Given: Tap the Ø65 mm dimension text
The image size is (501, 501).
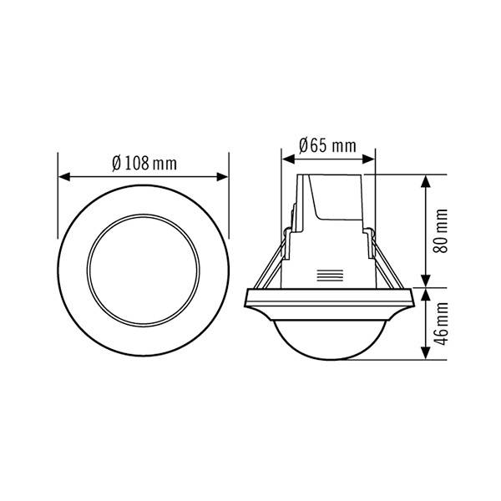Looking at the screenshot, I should coord(326,145).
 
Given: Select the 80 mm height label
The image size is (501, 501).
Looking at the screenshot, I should coord(443,230).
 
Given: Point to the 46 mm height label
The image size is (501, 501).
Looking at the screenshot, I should coord(443,325).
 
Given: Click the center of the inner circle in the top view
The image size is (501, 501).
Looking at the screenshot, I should coord(144,268).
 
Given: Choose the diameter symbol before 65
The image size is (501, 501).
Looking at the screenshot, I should coord(304,145).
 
